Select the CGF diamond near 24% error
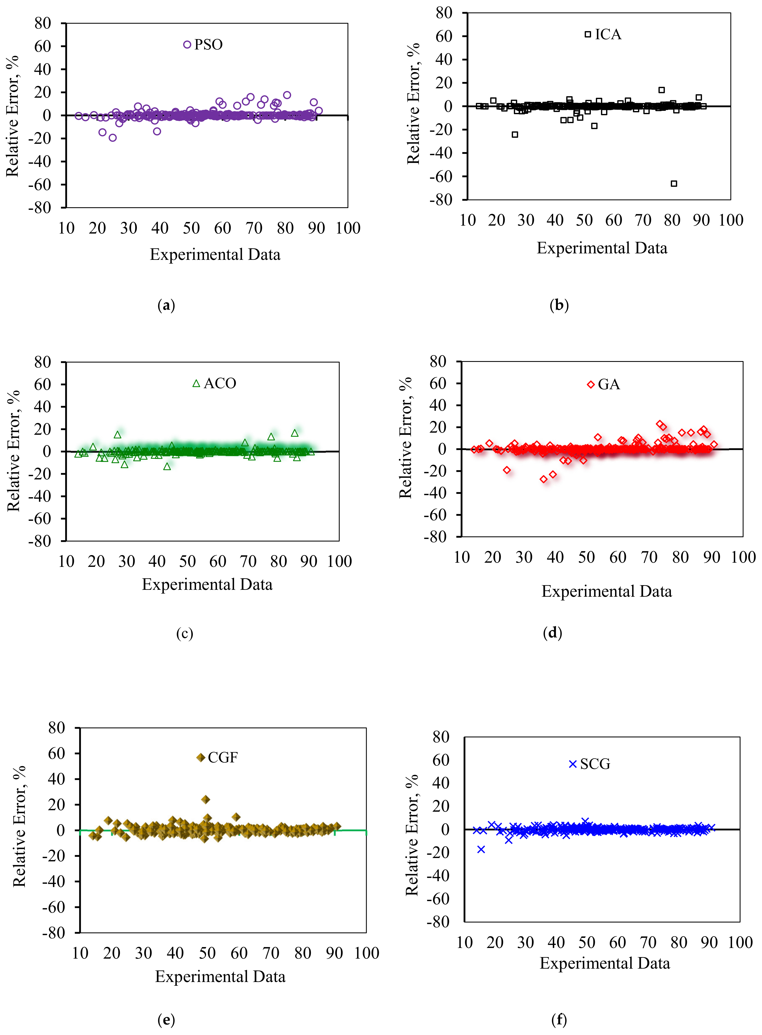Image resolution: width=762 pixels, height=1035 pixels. coord(206,799)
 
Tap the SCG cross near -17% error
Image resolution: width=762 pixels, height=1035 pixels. coord(481,849)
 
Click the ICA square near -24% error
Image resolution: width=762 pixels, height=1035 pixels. coord(515,135)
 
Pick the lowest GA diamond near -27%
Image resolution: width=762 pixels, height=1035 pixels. coord(543,479)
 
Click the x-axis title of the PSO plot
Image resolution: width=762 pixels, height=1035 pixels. coord(215,255)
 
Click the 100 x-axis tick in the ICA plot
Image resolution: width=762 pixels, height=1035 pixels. coord(731,220)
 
